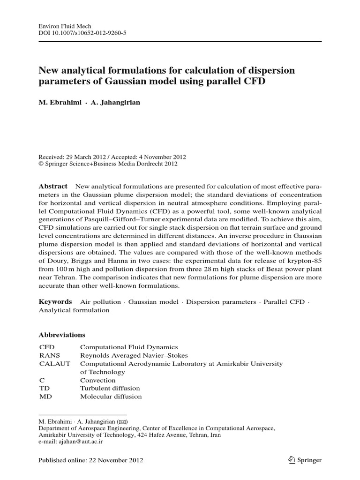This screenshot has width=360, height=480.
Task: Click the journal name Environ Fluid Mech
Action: click(60, 27)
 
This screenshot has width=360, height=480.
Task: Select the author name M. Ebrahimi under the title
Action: click(59, 102)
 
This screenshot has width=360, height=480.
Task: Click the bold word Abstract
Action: click(53, 186)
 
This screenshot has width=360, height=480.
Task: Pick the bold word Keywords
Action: click(55, 301)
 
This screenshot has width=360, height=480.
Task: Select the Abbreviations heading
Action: click(61, 335)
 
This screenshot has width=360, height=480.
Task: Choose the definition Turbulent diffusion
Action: click(110, 389)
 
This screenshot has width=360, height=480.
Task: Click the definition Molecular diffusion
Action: click(111, 397)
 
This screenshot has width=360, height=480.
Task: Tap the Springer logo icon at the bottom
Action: click(292, 460)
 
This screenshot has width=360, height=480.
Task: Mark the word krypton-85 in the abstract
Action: click(306, 261)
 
